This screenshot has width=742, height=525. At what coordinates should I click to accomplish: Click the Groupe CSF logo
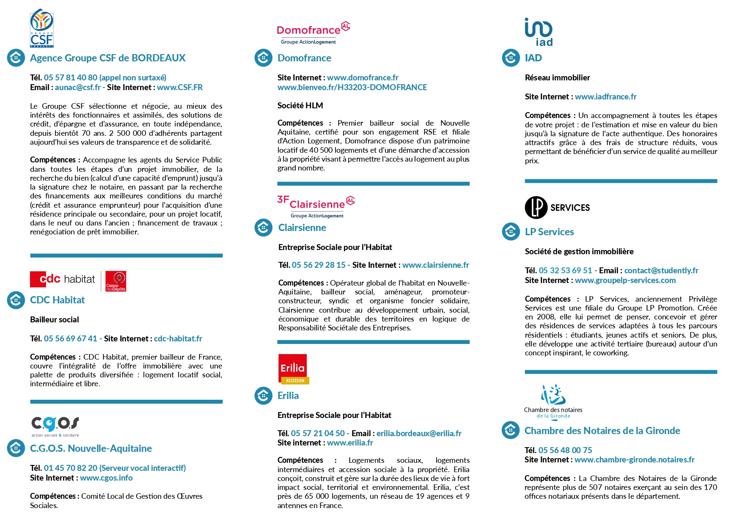41,28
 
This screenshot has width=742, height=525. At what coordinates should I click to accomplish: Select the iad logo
539,32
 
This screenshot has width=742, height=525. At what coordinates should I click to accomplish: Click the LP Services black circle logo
536,207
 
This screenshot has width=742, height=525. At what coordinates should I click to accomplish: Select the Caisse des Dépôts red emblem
116,281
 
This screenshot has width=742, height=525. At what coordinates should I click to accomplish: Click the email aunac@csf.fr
77,88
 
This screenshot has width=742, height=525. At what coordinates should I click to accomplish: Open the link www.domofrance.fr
363,78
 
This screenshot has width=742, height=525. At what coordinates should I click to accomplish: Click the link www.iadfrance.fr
605,97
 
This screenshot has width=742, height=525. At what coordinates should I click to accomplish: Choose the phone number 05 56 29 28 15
319,265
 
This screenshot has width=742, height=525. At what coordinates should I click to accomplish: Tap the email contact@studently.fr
661,271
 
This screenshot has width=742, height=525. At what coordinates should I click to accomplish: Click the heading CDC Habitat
58,300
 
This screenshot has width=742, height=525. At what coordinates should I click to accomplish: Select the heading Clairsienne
302,228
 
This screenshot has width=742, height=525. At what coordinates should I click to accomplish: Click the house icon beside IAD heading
511,58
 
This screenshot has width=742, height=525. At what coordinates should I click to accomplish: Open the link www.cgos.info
106,478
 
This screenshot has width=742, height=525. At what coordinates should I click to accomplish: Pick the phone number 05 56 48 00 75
565,451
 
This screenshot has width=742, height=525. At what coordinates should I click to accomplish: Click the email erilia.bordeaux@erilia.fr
419,434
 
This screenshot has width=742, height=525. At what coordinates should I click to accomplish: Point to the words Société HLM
300,106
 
